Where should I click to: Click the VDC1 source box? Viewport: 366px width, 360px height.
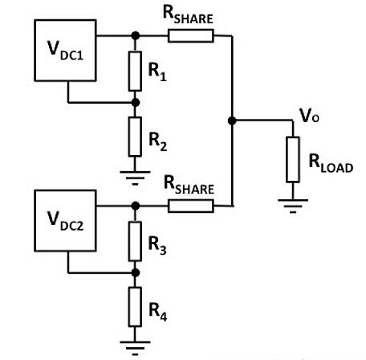pos(64,50)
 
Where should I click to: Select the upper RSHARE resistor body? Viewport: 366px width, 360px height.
pos(190,35)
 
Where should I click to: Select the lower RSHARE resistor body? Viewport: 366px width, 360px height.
pos(190,207)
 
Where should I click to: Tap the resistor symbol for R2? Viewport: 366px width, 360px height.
pos(135,136)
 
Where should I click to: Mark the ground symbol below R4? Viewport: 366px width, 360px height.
pos(135,344)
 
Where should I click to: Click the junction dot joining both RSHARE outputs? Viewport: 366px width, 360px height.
pos(232,121)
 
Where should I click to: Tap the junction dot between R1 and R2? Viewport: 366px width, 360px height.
pos(135,103)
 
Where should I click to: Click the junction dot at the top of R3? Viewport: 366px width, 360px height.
pos(135,206)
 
